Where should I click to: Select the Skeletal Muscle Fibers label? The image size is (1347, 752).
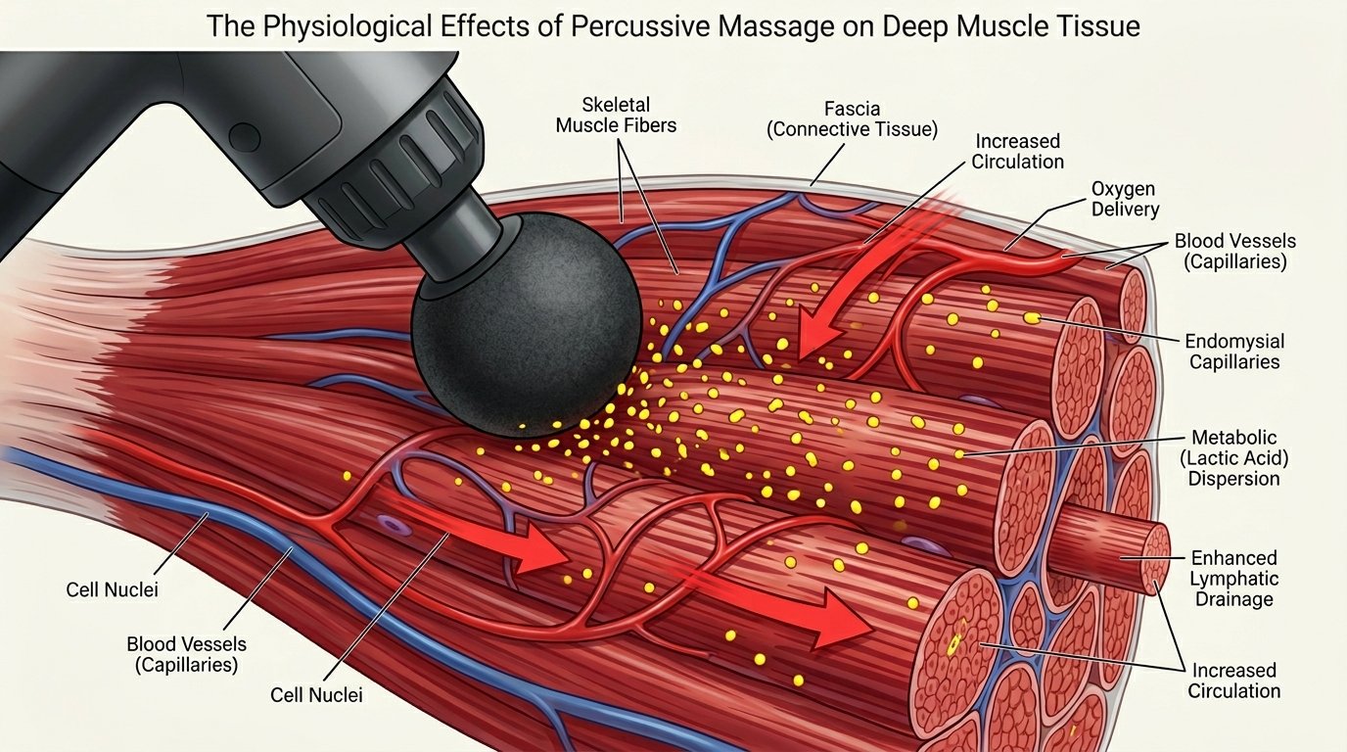coord(616,115)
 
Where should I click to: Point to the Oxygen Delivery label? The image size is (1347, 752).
coord(1125,198)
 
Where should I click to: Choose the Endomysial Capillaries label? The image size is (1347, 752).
coord(1234,352)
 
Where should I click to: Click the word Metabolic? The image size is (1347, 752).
coord(1234,437)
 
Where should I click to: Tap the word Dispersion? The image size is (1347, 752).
coord(1233,479)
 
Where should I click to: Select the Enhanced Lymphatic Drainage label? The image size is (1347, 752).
coord(1233,578)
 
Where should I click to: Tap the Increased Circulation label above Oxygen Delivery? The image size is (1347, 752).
coord(1018,152)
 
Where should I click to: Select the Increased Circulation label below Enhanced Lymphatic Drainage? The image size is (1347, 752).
coord(1233,681)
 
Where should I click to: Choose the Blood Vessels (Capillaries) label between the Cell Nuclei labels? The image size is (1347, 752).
coord(187,655)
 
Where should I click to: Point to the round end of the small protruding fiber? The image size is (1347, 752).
coord(1156,558)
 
